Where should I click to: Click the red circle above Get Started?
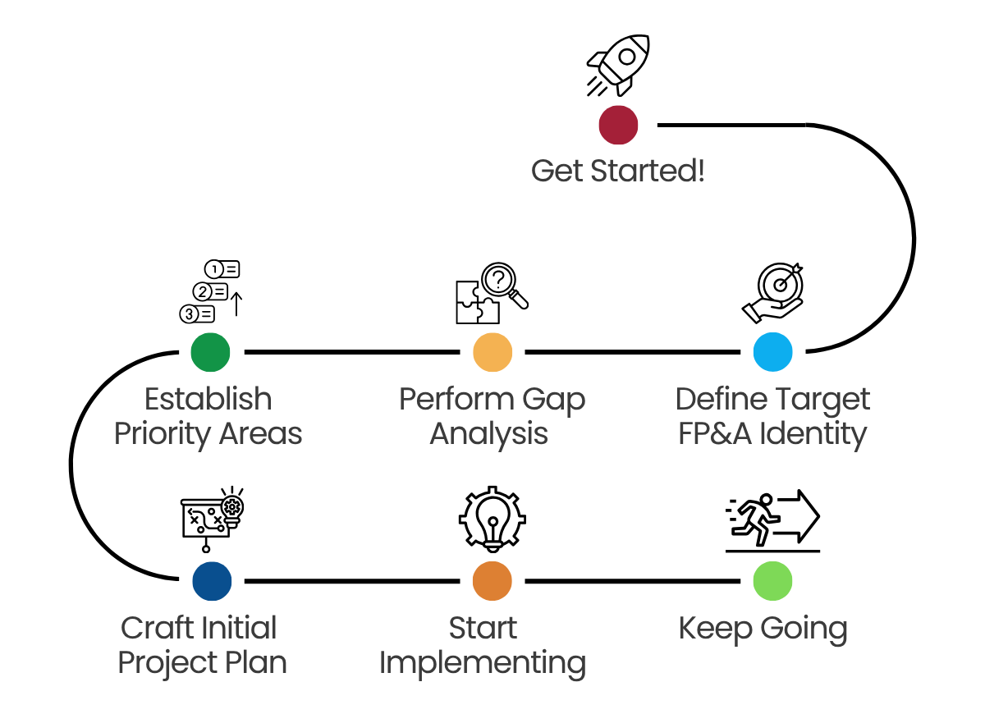pyautogui.click(x=618, y=125)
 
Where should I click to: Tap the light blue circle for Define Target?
pyautogui.click(x=772, y=352)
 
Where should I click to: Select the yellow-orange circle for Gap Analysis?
pyautogui.click(x=492, y=352)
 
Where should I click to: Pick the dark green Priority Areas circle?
pyautogui.click(x=210, y=352)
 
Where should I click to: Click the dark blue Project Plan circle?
pyautogui.click(x=212, y=581)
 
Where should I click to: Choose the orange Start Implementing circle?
pyautogui.click(x=492, y=581)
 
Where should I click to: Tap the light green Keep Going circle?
pyautogui.click(x=772, y=581)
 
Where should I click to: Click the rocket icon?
pyautogui.click(x=619, y=64)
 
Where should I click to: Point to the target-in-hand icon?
pyautogui.click(x=775, y=292)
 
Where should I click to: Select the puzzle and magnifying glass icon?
pyautogui.click(x=491, y=293)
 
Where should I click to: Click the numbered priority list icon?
pyautogui.click(x=211, y=291)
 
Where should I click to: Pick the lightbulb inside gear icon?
pyautogui.click(x=492, y=519)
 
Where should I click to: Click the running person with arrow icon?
pyautogui.click(x=772, y=519)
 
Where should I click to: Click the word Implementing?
pyautogui.click(x=483, y=662)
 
